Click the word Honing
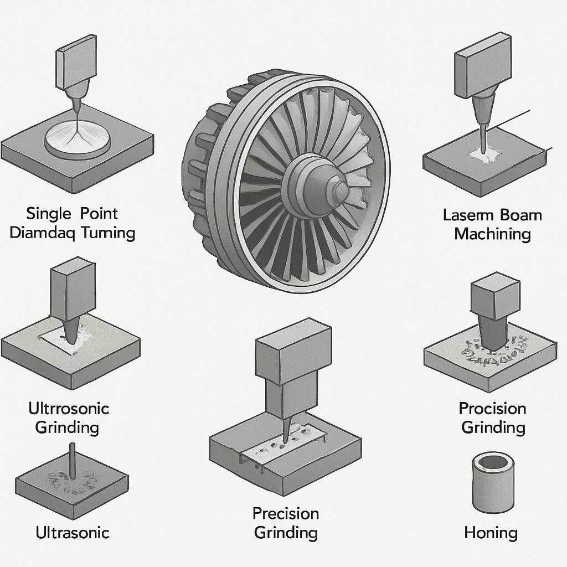click(491, 533)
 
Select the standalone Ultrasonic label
click(73, 533)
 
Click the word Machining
click(492, 233)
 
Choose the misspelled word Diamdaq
click(43, 232)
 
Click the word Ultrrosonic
click(69, 409)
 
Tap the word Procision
click(492, 409)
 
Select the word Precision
click(286, 513)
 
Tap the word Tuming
click(108, 232)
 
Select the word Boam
click(521, 215)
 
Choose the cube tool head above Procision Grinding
click(494, 297)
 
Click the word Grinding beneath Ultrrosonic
click(67, 427)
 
